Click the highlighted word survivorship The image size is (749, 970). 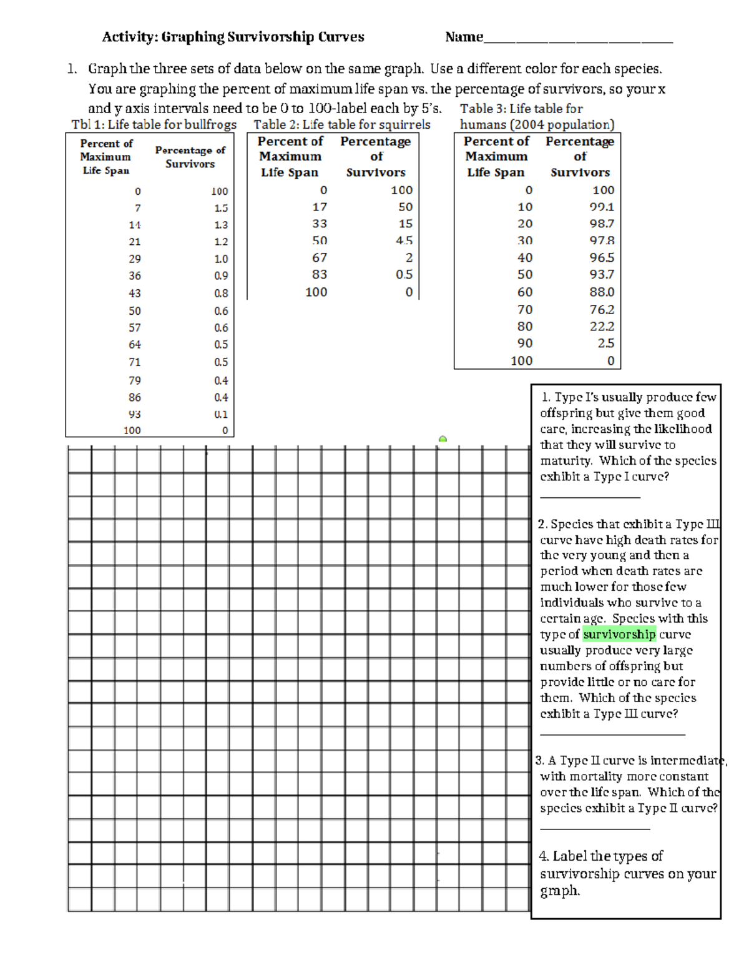pyautogui.click(x=619, y=635)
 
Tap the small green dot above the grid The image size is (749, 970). pyautogui.click(x=443, y=440)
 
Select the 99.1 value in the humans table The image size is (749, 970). pyautogui.click(x=602, y=207)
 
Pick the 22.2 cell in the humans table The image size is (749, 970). pyautogui.click(x=602, y=327)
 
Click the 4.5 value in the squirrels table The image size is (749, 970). pyautogui.click(x=404, y=240)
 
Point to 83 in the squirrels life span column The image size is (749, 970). pyautogui.click(x=320, y=274)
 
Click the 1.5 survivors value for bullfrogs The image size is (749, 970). pyautogui.click(x=221, y=208)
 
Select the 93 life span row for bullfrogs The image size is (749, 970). pyautogui.click(x=135, y=414)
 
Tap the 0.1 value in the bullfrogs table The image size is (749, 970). pyautogui.click(x=221, y=414)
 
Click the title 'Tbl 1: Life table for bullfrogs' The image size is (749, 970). pyautogui.click(x=154, y=124)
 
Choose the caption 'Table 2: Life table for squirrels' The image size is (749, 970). pyautogui.click(x=341, y=124)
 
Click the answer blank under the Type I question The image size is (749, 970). pyautogui.click(x=590, y=496)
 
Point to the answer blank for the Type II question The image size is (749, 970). pyautogui.click(x=595, y=828)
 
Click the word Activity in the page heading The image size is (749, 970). pyautogui.click(x=129, y=37)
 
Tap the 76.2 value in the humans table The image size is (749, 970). pyautogui.click(x=602, y=310)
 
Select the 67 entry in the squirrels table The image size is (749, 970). pyautogui.click(x=320, y=257)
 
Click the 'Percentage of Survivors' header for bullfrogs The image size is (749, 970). pyautogui.click(x=190, y=157)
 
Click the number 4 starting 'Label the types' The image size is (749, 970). pyautogui.click(x=543, y=856)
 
